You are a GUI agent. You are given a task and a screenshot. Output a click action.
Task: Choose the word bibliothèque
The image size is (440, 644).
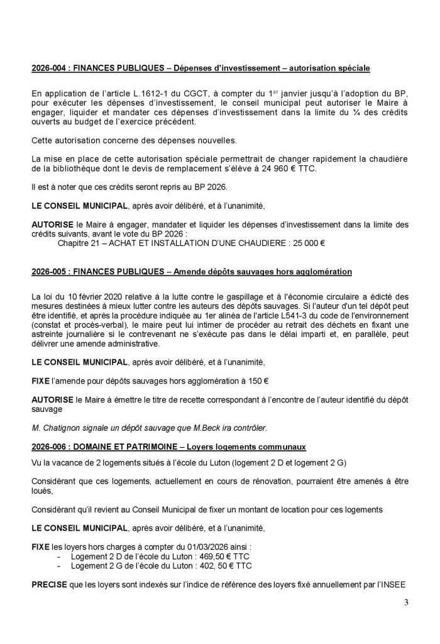(75, 171)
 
